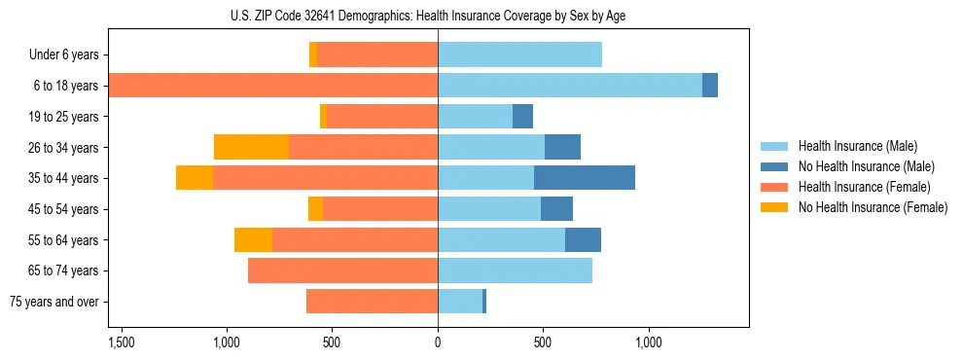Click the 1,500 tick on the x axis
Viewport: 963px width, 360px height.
[122, 342]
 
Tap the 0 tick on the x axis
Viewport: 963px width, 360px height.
[438, 342]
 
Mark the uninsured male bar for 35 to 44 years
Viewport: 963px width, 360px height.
[585, 178]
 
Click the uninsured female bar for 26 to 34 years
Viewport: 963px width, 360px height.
[251, 147]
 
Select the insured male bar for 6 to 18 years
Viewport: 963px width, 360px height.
[570, 86]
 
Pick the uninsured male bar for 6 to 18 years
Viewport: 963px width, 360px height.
[710, 86]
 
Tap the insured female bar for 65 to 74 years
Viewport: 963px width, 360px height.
[342, 270]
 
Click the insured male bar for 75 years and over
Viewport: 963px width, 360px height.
[460, 302]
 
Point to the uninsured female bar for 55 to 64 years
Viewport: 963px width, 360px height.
[253, 239]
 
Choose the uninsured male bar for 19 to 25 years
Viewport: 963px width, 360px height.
[523, 117]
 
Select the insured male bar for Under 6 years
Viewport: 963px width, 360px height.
[519, 55]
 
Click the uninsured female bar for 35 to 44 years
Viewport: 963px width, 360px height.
[195, 178]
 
